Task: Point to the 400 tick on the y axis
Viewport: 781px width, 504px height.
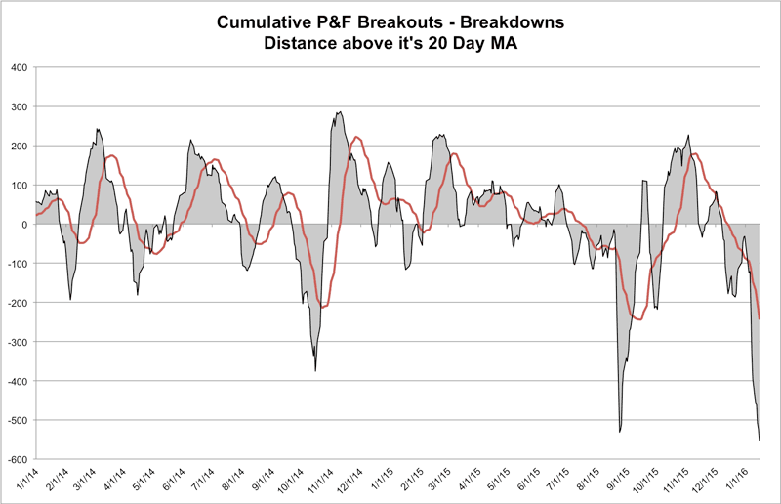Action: [x=19, y=67]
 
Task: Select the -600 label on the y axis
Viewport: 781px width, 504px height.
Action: [x=17, y=459]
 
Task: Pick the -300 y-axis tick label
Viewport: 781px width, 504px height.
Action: [x=17, y=342]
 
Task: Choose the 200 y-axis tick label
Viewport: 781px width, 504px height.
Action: [x=19, y=146]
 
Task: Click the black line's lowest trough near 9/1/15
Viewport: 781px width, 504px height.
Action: [x=620, y=431]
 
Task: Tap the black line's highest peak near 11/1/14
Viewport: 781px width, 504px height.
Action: [x=339, y=112]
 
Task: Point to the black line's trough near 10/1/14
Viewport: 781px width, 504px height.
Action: [x=315, y=370]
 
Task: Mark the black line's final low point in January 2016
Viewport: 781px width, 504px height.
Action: [x=760, y=440]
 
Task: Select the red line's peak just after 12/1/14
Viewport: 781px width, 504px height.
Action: [x=356, y=137]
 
